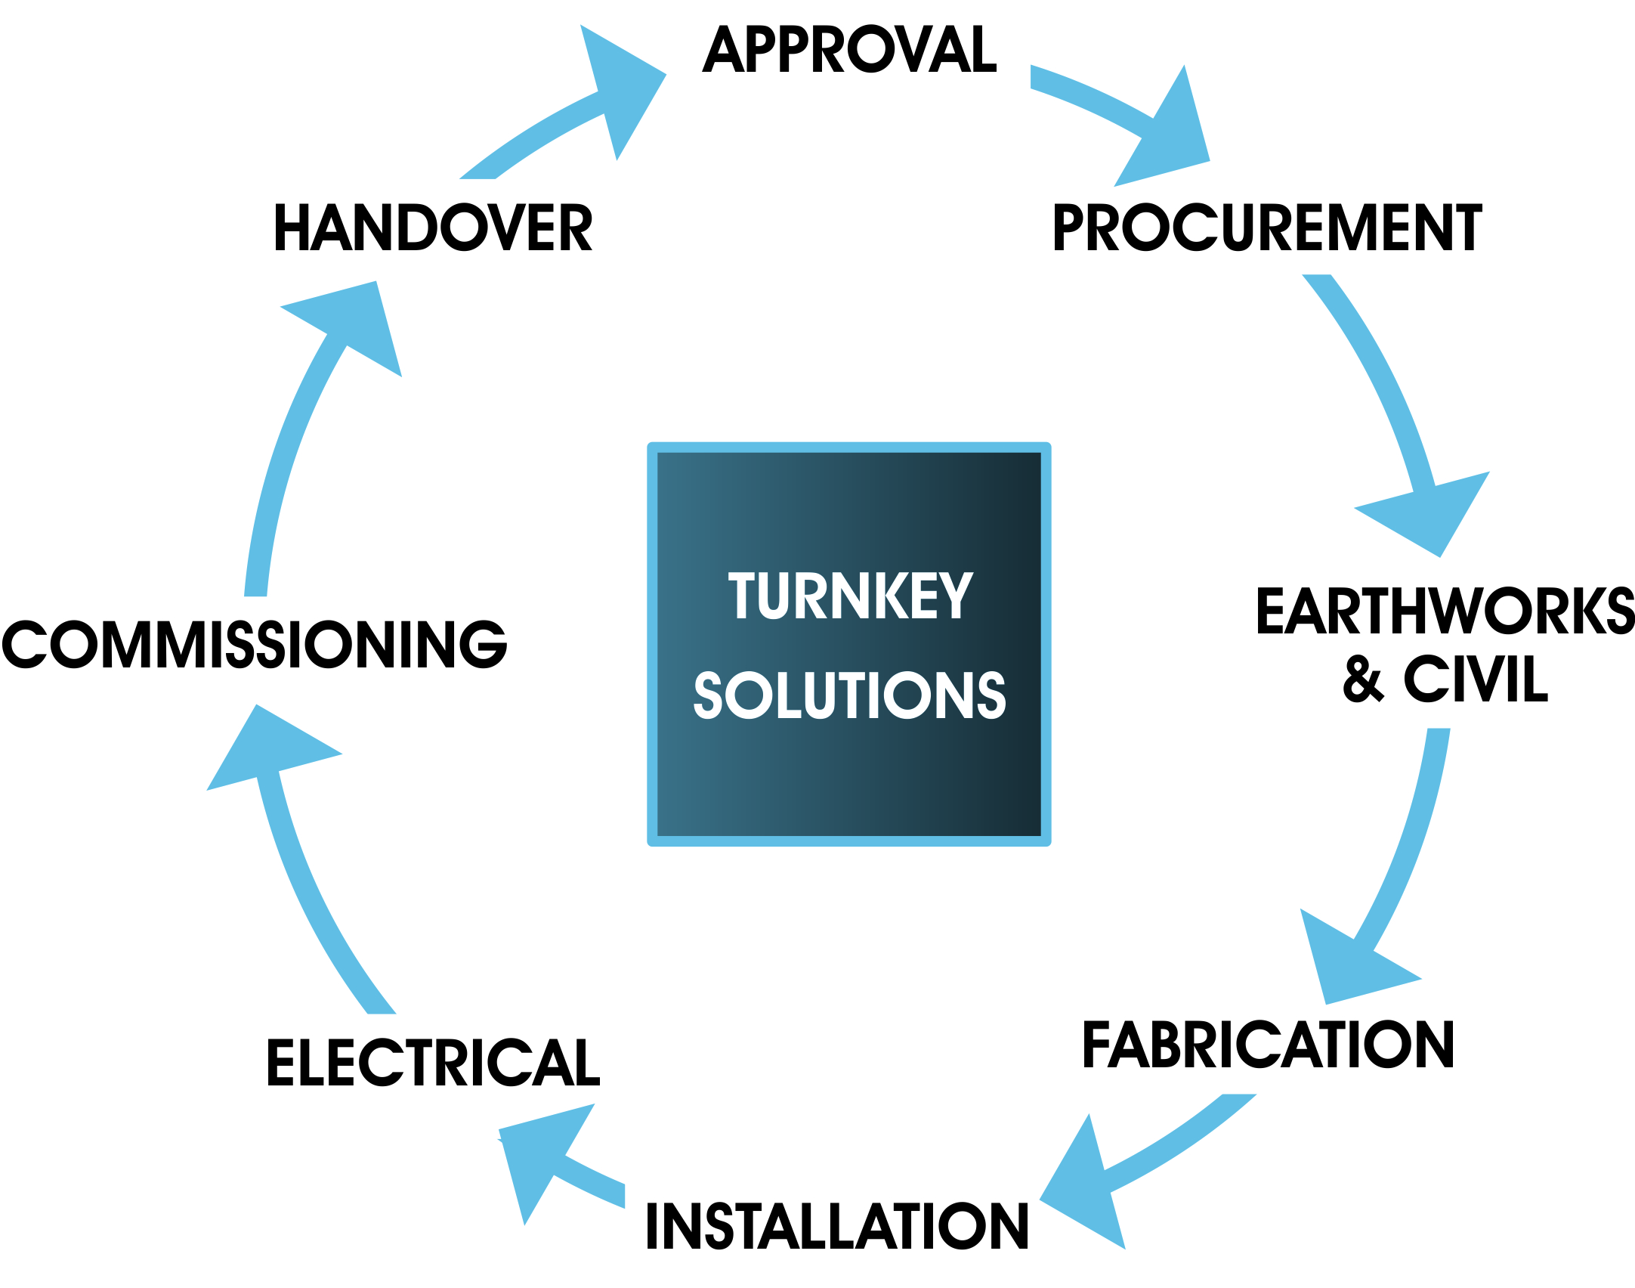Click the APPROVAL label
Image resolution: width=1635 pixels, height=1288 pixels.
[x=849, y=50]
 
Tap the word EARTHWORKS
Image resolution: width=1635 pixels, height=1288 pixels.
[x=1445, y=611]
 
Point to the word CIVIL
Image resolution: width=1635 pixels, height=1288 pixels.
[x=1476, y=679]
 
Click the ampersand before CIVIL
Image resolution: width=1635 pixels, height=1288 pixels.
[x=1364, y=679]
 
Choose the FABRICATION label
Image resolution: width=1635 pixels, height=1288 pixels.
[x=1268, y=1045]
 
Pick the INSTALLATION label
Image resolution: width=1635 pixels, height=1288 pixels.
[x=836, y=1226]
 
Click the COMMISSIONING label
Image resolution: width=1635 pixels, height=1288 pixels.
[x=255, y=644]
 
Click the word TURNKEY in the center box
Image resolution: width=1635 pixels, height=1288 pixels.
[x=850, y=596]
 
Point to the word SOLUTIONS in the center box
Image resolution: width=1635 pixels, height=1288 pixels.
[x=850, y=695]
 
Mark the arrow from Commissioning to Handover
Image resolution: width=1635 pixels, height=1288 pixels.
[x=302, y=423]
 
